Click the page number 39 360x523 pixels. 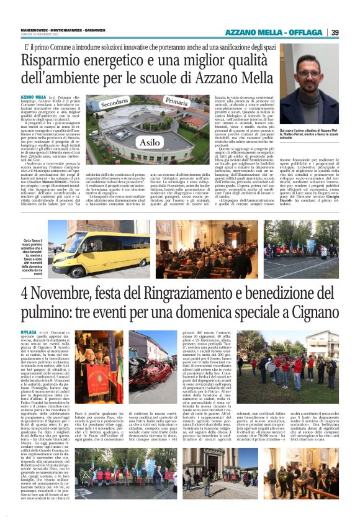tap(335, 32)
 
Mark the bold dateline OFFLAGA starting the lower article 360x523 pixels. tap(29, 333)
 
